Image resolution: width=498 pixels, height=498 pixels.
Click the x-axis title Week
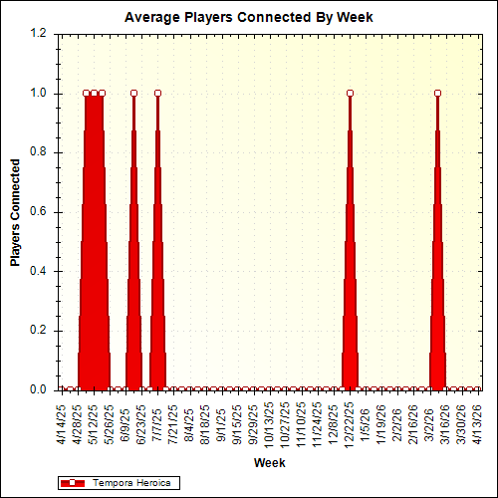269,463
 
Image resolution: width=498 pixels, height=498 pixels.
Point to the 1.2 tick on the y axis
38,34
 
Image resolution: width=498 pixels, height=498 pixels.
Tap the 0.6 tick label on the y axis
38,212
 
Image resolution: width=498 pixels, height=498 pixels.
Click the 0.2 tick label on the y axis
38,331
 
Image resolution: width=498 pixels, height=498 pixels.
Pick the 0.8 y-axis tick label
38,152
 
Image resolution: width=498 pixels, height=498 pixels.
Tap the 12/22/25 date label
350,425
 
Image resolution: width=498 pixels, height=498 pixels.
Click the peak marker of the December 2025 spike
350,94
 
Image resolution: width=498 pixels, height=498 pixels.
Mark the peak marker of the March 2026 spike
437,94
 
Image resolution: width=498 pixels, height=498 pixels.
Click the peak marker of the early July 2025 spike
157,94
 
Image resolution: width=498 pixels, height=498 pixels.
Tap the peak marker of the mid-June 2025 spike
133,94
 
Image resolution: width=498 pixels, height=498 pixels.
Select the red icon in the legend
75,483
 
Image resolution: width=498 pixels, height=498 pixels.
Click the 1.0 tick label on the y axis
38,94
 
